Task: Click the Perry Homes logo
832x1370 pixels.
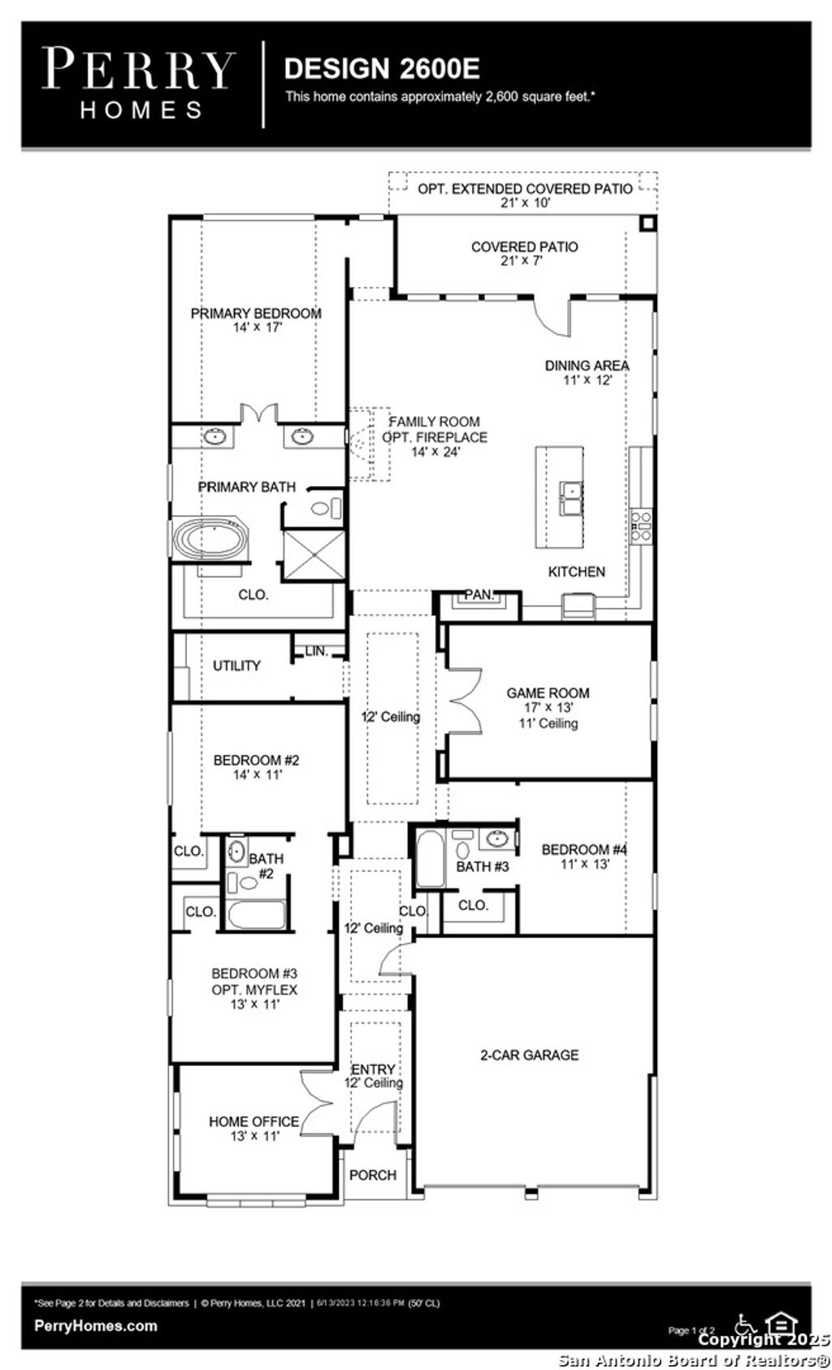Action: (138, 83)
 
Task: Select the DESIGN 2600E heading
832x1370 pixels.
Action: (382, 68)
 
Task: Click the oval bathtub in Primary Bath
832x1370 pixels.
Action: (211, 540)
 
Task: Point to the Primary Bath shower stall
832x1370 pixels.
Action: (314, 554)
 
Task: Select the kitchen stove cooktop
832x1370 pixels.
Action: (642, 526)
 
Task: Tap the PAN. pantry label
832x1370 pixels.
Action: (479, 596)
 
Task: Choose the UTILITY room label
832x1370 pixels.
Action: (236, 665)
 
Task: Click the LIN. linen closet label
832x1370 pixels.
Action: (317, 651)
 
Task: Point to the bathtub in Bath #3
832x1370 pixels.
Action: (430, 860)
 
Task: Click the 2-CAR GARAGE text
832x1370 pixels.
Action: (529, 1055)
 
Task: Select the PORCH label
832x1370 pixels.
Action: (373, 1175)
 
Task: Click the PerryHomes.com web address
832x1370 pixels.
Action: (96, 1325)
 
